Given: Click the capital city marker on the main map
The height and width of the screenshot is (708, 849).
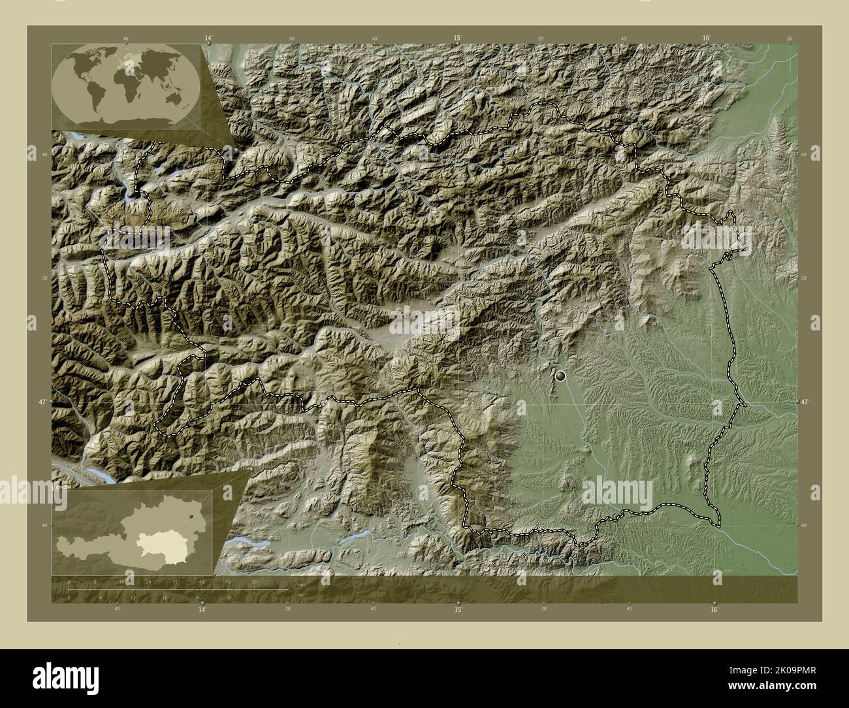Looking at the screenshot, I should pos(560,376).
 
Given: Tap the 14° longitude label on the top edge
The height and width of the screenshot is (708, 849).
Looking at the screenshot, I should pos(208,39).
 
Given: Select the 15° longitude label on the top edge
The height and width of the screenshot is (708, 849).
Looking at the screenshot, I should pos(458,39).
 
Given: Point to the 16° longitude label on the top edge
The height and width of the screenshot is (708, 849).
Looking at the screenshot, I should pos(707,39).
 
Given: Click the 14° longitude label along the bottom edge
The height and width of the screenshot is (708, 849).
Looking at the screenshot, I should pos(202,609).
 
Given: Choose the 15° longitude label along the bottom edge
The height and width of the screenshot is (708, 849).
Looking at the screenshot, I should pos(458,609).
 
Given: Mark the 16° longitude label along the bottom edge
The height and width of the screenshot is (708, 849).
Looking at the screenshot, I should pos(714,609).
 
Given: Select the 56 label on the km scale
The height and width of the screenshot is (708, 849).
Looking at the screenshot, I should pos(254,581).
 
